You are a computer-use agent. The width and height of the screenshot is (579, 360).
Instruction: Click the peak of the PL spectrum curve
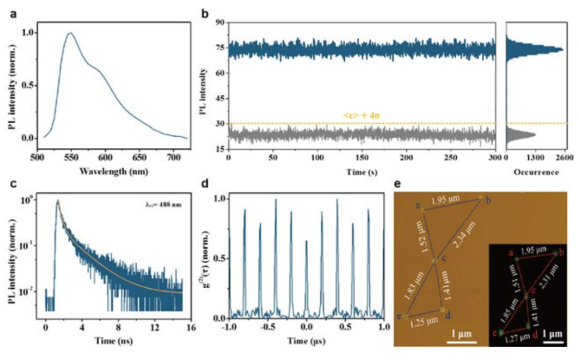[70, 33]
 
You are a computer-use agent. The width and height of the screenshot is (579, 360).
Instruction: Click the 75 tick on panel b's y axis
[219, 47]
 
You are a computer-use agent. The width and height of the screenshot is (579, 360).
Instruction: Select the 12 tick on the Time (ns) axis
[155, 326]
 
